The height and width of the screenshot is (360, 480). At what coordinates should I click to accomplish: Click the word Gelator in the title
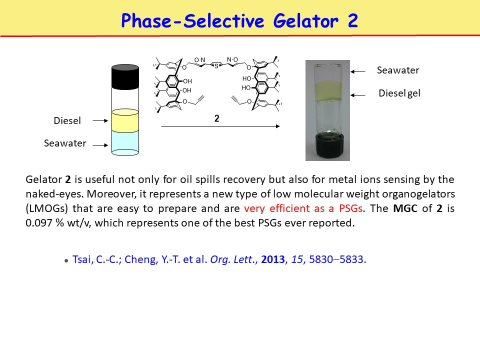306,21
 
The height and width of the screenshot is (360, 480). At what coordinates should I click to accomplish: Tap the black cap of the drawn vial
125,76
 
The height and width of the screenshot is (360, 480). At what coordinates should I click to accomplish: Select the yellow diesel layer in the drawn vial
125,120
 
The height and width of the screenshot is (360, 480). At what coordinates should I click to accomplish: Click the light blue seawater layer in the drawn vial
125,142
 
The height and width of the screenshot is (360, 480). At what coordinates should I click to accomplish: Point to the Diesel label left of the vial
67,120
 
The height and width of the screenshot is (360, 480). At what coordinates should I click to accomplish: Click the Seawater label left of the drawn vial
65,143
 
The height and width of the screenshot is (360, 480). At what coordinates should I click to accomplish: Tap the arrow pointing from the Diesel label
100,120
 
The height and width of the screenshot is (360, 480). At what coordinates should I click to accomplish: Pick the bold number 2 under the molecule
216,118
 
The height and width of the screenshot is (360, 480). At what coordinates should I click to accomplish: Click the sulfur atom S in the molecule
216,66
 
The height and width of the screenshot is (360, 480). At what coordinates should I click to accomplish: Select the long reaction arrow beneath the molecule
220,126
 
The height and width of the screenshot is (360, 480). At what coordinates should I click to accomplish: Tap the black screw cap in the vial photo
327,147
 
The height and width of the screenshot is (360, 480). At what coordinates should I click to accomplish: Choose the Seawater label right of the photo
398,70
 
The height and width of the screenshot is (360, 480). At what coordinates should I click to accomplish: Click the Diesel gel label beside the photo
399,93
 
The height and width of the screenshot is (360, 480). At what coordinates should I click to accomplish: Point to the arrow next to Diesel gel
358,95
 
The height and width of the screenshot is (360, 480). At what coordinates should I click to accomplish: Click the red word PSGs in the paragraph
351,208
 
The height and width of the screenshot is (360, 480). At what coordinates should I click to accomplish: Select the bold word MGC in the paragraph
405,208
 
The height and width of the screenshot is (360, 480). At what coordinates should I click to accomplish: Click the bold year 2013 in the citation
273,259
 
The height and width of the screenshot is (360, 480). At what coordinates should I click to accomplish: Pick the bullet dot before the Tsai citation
66,261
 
